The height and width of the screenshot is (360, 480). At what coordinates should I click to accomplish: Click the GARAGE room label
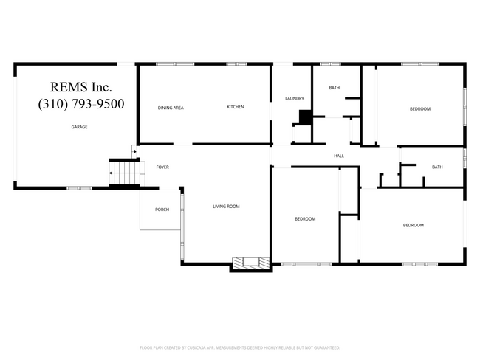coord(79,127)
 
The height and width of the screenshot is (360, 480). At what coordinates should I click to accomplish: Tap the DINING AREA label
coord(171,108)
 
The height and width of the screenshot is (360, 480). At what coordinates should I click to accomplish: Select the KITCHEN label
coord(236,107)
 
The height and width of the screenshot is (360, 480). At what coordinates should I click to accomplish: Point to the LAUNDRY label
coord(295,98)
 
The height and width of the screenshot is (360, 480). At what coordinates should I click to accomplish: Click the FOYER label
coord(162,167)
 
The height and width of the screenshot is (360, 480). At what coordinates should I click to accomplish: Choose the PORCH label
coord(162,210)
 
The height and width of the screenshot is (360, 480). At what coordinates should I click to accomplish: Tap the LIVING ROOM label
coord(227,206)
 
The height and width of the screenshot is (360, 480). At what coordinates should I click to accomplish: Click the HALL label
coord(339,156)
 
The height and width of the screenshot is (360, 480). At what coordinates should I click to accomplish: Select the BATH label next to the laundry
coord(335,88)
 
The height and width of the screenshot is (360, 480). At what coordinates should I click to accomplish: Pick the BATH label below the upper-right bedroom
coord(437,167)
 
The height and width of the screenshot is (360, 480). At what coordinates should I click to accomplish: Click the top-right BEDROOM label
coord(420,109)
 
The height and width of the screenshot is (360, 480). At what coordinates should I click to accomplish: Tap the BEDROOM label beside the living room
coord(305,218)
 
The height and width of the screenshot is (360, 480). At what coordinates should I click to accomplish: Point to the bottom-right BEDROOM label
coord(413,224)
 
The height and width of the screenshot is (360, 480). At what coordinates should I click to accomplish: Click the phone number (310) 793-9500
coord(81,103)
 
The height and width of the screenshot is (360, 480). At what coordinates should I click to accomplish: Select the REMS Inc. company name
coord(81,87)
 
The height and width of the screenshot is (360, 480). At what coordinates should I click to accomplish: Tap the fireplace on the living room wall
coord(250,262)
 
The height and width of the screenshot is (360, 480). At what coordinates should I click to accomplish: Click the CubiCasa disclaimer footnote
coord(239,347)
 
